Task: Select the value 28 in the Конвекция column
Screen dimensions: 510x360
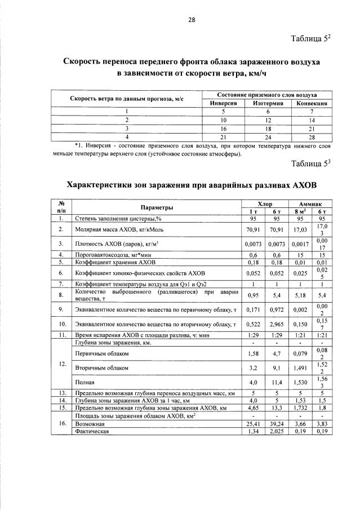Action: point(312,136)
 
